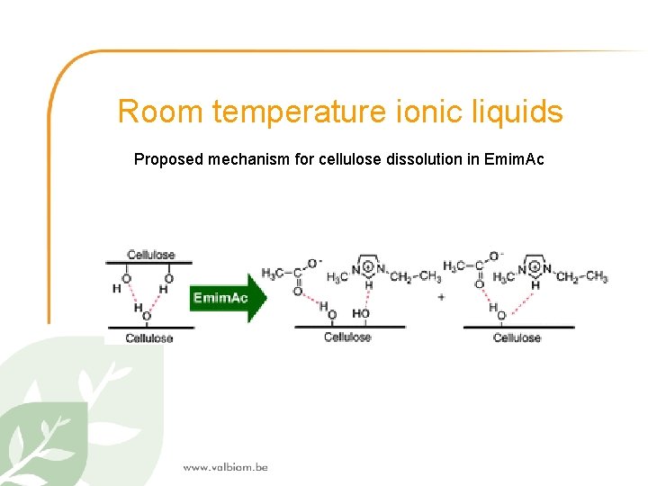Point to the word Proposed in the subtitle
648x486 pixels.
pyautogui.click(x=169, y=159)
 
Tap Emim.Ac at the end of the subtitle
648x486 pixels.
pyautogui.click(x=513, y=159)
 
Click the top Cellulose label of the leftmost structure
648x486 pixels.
pyautogui.click(x=150, y=255)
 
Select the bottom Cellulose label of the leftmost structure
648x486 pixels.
pyautogui.click(x=149, y=338)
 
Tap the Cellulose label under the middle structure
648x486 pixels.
pyautogui.click(x=347, y=337)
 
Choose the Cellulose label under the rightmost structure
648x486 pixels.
pyautogui.click(x=517, y=337)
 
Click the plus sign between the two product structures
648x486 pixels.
pyautogui.click(x=440, y=297)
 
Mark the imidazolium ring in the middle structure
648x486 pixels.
pyautogui.click(x=368, y=265)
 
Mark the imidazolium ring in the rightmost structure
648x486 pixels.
pyautogui.click(x=535, y=265)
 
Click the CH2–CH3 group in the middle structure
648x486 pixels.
pyautogui.click(x=415, y=275)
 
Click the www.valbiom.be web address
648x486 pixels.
pyautogui.click(x=225, y=467)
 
